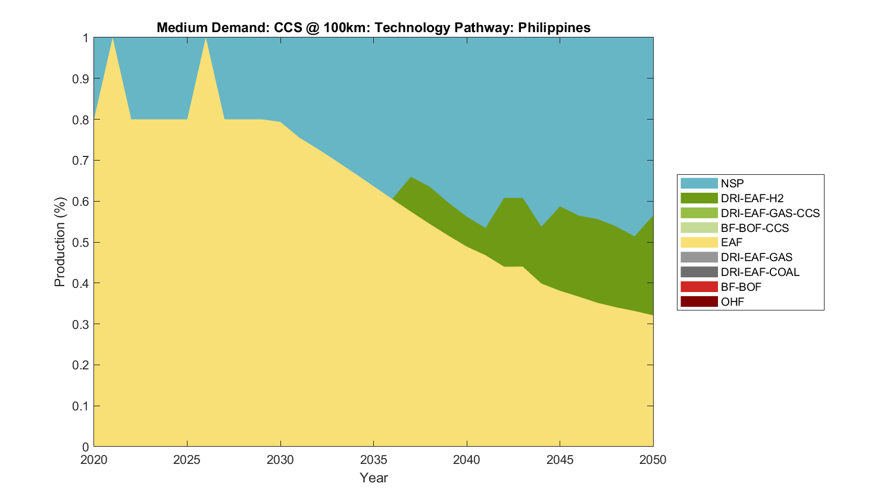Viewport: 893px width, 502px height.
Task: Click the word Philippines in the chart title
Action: [554, 28]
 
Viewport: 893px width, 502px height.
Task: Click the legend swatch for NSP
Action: [699, 183]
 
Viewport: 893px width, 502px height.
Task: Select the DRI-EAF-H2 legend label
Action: [752, 198]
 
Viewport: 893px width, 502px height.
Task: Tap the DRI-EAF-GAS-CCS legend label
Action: [770, 213]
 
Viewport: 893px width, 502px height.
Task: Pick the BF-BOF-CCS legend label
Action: [754, 228]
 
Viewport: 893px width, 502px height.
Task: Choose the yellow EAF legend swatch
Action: [699, 242]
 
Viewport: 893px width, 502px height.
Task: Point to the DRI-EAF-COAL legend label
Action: [760, 272]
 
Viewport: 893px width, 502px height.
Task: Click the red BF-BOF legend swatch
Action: [699, 287]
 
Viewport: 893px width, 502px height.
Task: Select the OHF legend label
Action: [732, 302]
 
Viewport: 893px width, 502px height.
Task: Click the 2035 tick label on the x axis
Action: [373, 460]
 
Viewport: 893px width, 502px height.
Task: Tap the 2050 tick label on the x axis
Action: [653, 460]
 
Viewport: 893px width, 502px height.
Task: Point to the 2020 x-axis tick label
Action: [94, 460]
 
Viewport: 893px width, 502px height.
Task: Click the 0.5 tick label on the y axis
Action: [82, 242]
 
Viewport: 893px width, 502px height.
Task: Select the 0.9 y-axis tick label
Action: [82, 79]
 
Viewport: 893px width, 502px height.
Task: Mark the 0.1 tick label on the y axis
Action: [82, 406]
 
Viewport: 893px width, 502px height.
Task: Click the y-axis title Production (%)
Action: [60, 242]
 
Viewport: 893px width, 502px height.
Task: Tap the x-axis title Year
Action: [373, 478]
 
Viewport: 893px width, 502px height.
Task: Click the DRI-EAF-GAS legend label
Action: [756, 257]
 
